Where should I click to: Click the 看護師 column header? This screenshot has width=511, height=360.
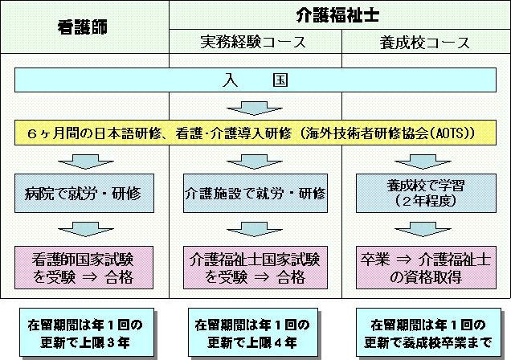pos(84,27)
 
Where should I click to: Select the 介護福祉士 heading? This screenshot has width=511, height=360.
pos(339,14)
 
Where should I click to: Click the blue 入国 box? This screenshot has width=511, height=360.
pos(255,80)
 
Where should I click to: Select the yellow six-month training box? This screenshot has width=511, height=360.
pos(255,131)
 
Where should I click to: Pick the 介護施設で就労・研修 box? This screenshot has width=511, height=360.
pos(255,194)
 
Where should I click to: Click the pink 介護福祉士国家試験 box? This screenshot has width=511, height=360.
pos(255,268)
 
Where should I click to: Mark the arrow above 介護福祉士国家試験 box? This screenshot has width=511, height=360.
pos(255,231)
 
